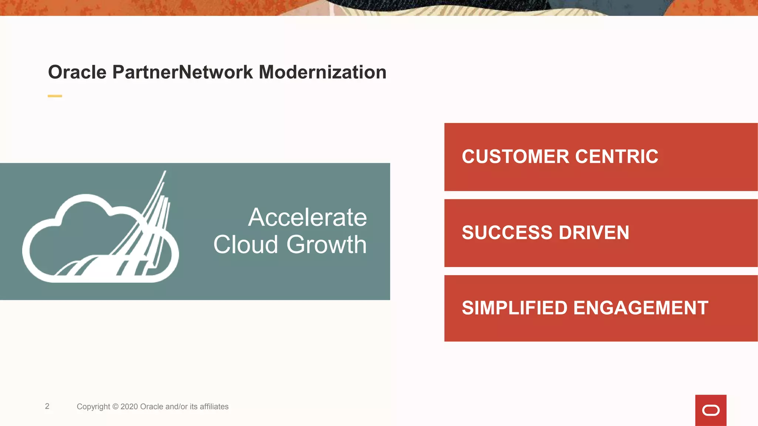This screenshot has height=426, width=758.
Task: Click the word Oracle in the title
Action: tap(77, 72)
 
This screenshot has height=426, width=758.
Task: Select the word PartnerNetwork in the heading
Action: tap(182, 72)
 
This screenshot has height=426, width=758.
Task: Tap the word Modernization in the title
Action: tap(322, 72)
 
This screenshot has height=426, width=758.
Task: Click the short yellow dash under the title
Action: tap(55, 96)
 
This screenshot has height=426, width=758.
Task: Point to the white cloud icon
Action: tap(100, 237)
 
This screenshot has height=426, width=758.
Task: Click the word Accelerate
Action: tap(307, 217)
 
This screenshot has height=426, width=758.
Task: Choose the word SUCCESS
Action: tap(507, 233)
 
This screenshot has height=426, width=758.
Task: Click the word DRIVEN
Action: tap(594, 233)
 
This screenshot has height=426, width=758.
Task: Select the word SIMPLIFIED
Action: tap(514, 308)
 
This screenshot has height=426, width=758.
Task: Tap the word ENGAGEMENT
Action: tap(641, 308)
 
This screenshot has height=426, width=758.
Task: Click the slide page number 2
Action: tap(47, 406)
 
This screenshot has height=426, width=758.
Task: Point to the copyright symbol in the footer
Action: tap(115, 407)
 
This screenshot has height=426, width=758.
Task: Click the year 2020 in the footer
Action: tap(129, 407)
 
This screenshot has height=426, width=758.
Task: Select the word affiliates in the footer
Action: tap(214, 407)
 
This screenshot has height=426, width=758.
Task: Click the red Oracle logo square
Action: tap(711, 410)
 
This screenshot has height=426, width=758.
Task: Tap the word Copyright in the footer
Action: tap(93, 407)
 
